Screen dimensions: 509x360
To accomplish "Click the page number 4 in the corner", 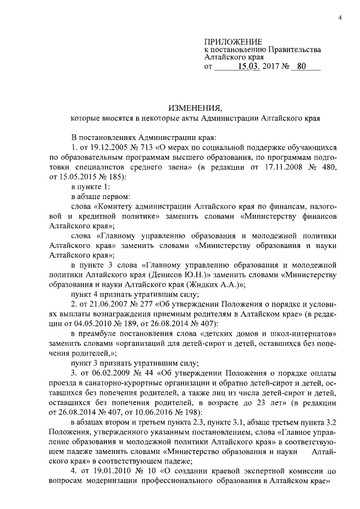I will point(340,19).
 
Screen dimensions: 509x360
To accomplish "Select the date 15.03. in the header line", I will point(248,67).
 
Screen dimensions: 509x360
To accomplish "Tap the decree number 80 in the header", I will point(301,67).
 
